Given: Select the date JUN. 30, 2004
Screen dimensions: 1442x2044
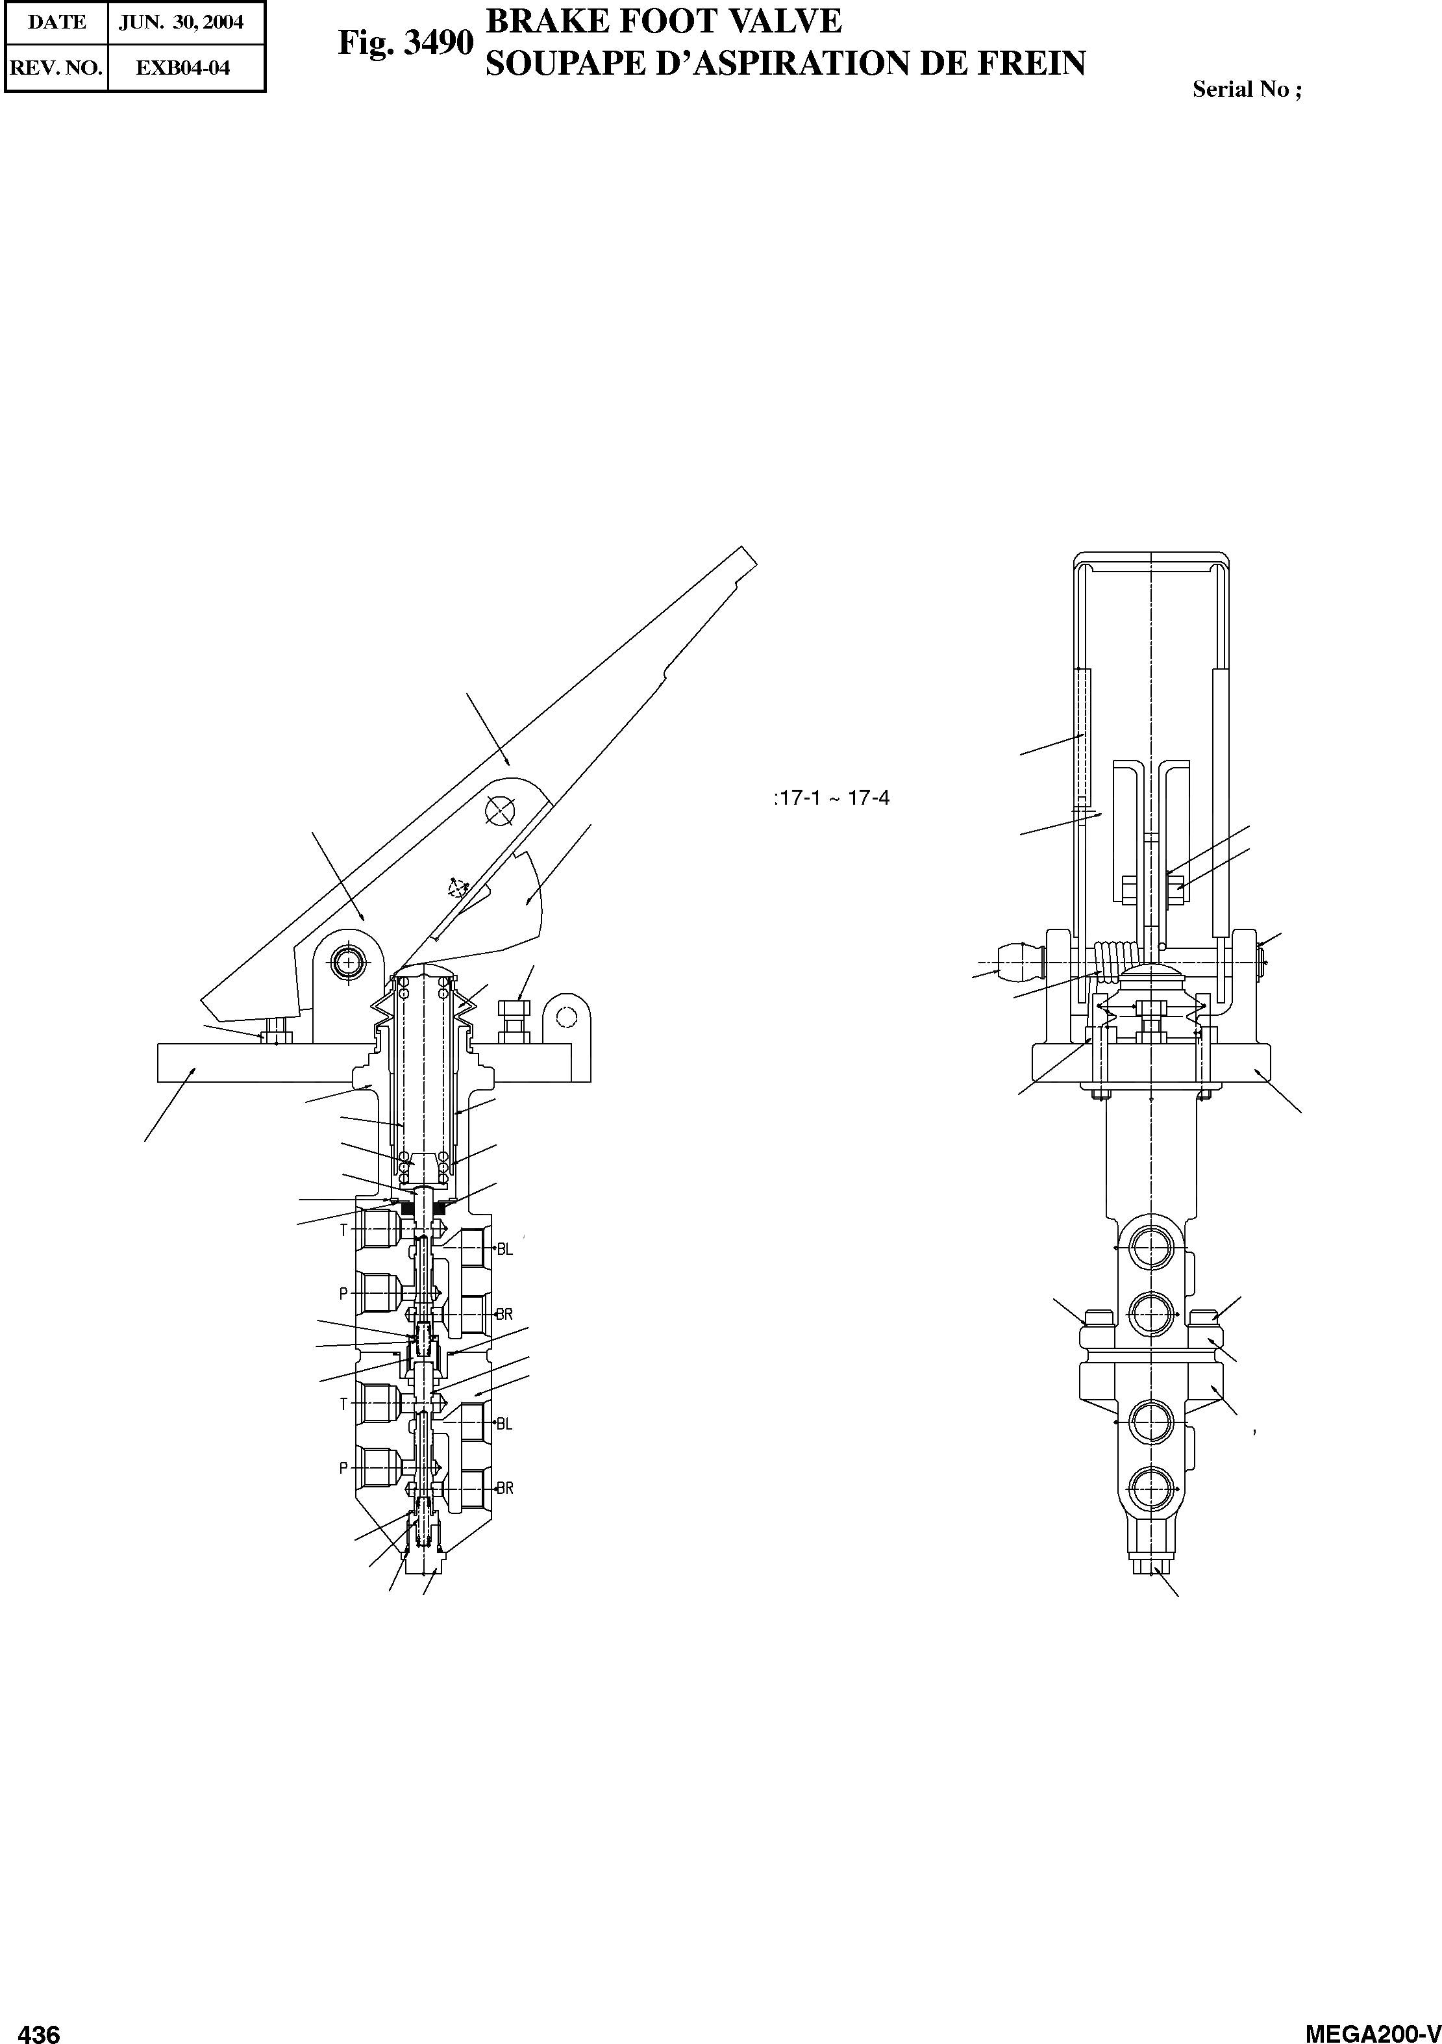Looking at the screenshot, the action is pos(182,22).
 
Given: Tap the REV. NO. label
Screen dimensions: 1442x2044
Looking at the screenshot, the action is pos(56,68).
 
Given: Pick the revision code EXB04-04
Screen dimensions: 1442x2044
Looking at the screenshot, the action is pos(183,68).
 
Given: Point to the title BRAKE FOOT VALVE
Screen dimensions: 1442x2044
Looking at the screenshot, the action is pos(663,21).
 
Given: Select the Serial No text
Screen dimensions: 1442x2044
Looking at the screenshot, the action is pos(1246,89).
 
